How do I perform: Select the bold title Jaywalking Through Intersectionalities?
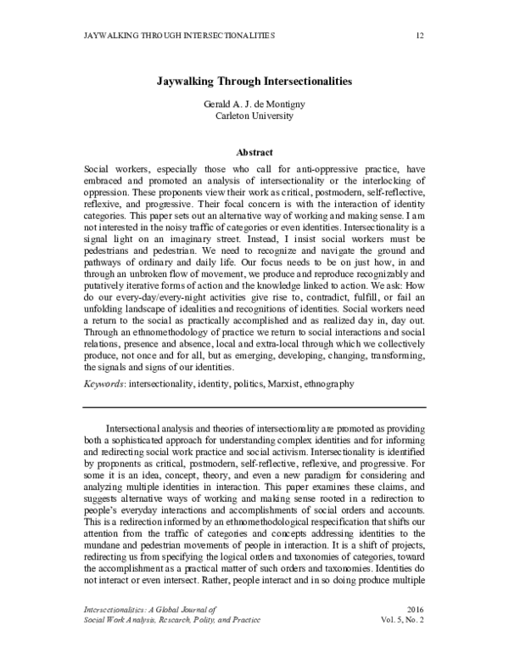pos(254,83)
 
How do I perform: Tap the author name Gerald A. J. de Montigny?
pos(254,104)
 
